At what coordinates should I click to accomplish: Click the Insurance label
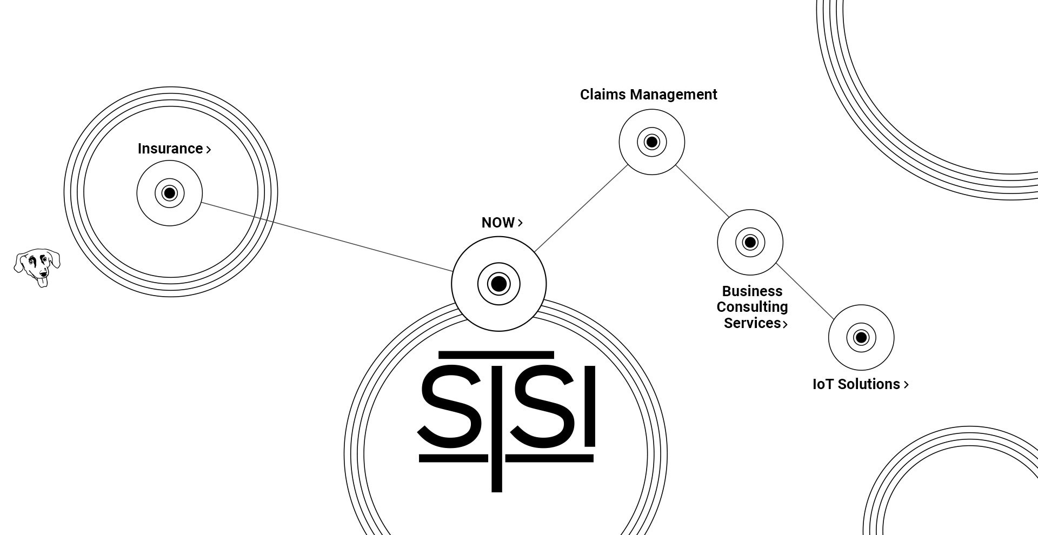point(170,149)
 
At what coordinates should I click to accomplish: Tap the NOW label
point(498,223)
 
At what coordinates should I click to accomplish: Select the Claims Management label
point(648,95)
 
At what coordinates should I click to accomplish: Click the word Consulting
point(752,307)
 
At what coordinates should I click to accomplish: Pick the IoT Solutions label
point(856,384)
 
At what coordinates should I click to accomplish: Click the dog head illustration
point(37,267)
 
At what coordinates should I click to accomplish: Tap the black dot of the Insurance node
point(170,193)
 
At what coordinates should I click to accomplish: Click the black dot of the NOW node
point(499,284)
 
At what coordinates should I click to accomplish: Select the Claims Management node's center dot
point(652,142)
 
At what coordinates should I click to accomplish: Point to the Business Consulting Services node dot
point(750,242)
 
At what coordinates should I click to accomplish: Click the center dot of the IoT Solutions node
point(861,338)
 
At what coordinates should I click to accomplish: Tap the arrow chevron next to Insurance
point(209,150)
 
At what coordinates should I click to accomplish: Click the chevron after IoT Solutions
point(907,385)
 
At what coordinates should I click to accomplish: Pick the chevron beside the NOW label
point(520,223)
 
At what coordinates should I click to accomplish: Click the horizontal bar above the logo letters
point(496,355)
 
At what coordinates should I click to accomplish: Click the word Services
point(752,323)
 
